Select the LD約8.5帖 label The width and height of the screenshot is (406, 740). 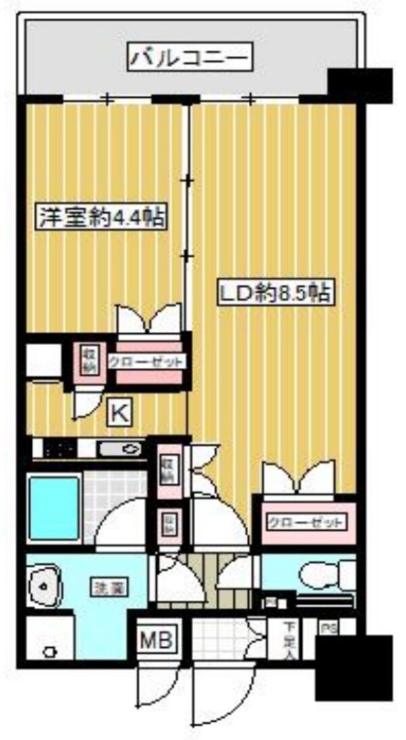click(x=273, y=292)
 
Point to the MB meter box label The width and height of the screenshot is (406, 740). click(x=157, y=638)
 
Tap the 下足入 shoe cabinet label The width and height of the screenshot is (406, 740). click(x=289, y=639)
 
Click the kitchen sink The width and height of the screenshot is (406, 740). click(x=121, y=448)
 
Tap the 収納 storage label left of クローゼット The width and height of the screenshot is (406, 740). click(x=87, y=360)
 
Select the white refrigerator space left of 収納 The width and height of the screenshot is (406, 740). click(x=44, y=361)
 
